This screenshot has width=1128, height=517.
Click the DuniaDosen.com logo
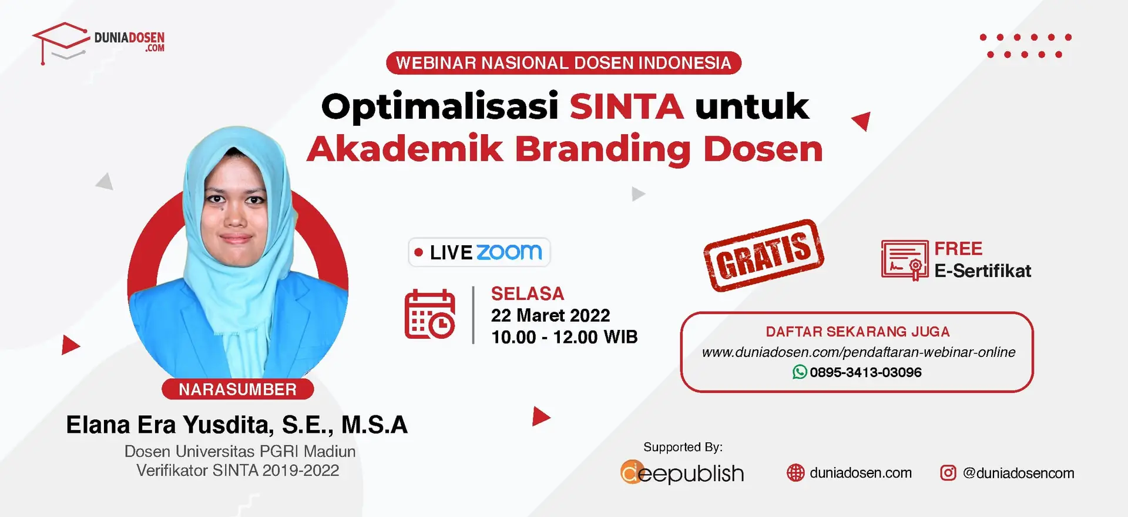tap(99, 43)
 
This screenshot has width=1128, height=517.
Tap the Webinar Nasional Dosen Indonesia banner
tap(563, 63)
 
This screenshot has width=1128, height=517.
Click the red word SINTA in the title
tap(626, 106)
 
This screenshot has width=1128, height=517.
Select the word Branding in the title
tap(603, 149)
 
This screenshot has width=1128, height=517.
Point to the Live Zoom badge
tap(479, 252)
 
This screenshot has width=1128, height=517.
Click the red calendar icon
tap(429, 314)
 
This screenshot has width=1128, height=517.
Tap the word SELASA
tap(528, 293)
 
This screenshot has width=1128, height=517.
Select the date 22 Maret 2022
tap(550, 315)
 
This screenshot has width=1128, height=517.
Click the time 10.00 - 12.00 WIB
tap(565, 337)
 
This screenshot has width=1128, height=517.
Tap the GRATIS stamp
tap(764, 255)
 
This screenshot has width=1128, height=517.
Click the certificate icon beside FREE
tap(905, 260)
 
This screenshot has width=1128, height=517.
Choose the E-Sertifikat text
tap(983, 271)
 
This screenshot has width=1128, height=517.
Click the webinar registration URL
tap(858, 352)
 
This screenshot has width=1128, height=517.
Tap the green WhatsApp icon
tap(800, 372)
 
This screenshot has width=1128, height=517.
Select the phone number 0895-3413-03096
tap(865, 372)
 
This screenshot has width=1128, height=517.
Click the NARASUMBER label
tap(237, 389)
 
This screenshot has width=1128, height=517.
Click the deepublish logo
tap(682, 472)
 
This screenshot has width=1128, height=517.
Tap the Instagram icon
tap(948, 473)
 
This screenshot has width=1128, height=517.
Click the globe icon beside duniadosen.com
tap(795, 473)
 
